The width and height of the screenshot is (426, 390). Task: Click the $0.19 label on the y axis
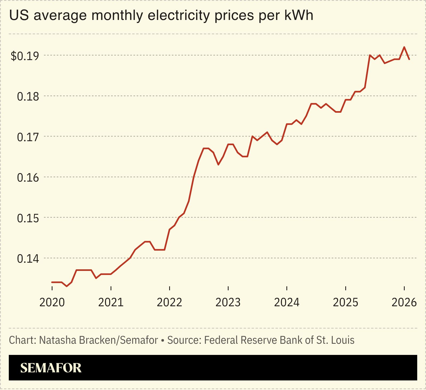(25, 56)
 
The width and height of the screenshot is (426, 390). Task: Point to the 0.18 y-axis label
(28, 97)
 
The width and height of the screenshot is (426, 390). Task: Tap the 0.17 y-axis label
(28, 137)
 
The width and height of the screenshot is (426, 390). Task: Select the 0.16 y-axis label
(28, 178)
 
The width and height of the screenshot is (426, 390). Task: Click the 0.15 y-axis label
(28, 218)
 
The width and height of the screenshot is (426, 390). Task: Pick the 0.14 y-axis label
(28, 259)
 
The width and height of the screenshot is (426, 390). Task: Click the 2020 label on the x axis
(52, 303)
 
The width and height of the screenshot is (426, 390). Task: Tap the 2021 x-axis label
(111, 303)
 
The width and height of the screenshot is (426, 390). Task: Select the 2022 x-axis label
(169, 303)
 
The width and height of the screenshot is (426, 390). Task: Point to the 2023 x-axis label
(228, 303)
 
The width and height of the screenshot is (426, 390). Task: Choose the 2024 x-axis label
(287, 303)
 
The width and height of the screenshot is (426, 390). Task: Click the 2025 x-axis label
(346, 303)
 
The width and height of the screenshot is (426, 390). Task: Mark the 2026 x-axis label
(404, 303)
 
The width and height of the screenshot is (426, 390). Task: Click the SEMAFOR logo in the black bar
(51, 368)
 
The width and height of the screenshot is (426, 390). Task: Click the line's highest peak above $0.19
(404, 47)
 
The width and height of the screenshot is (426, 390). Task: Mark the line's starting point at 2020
(52, 282)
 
